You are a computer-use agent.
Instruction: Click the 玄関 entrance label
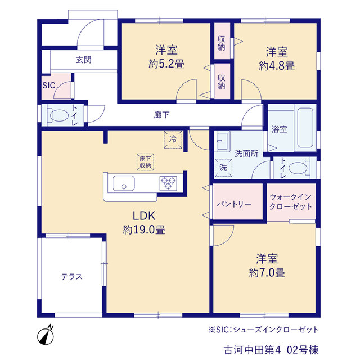(x=84, y=60)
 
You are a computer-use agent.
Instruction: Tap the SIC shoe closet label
(x=49, y=85)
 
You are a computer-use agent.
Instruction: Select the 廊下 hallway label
(x=161, y=115)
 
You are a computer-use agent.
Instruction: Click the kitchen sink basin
(x=124, y=183)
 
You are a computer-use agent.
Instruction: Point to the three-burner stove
(x=168, y=183)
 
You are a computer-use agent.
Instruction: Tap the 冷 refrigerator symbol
(x=173, y=139)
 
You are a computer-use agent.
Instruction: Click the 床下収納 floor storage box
(x=145, y=162)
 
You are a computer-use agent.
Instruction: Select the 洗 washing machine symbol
(x=223, y=168)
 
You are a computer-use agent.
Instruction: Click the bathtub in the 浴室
(x=305, y=128)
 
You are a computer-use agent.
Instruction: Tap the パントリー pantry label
(x=234, y=204)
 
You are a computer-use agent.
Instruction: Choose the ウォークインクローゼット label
(x=291, y=201)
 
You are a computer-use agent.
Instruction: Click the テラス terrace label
(x=71, y=277)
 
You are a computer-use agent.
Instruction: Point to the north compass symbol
(x=46, y=335)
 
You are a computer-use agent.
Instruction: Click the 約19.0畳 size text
(x=144, y=229)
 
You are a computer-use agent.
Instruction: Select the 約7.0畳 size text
(x=267, y=273)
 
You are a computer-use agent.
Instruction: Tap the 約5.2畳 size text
(x=166, y=64)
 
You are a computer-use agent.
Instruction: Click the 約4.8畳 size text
(x=277, y=66)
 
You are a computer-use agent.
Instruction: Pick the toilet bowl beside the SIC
(x=58, y=115)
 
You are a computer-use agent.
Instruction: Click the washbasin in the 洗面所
(x=223, y=141)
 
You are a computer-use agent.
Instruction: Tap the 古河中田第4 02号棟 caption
(x=271, y=350)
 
